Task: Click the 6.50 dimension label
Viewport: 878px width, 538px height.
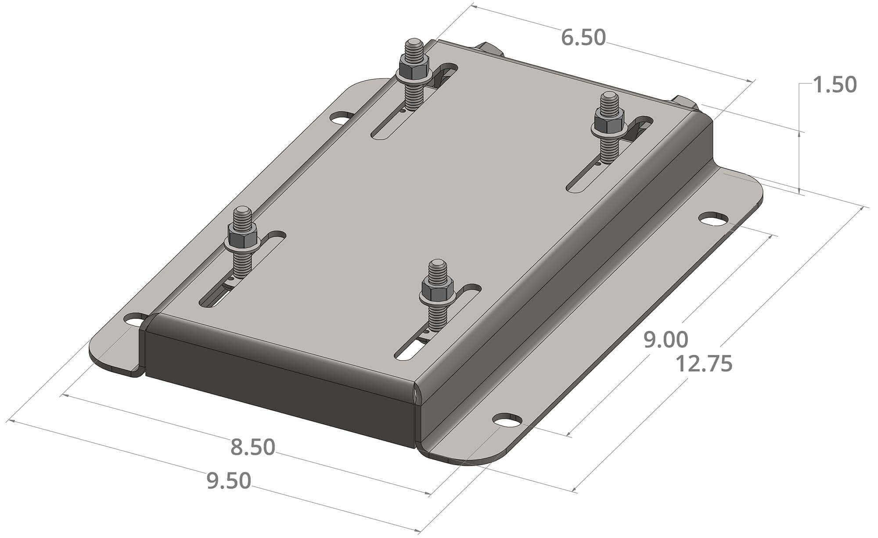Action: pyautogui.click(x=583, y=38)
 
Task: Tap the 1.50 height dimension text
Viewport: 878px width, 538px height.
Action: pyautogui.click(x=834, y=85)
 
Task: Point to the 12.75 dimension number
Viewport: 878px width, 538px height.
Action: pyautogui.click(x=703, y=365)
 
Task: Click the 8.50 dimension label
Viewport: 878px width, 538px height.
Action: pyautogui.click(x=253, y=448)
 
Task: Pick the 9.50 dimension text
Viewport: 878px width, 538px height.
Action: pyautogui.click(x=229, y=481)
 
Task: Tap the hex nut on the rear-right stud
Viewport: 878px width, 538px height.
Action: pyautogui.click(x=608, y=119)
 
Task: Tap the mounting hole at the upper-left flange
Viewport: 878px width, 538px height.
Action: pyautogui.click(x=342, y=118)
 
